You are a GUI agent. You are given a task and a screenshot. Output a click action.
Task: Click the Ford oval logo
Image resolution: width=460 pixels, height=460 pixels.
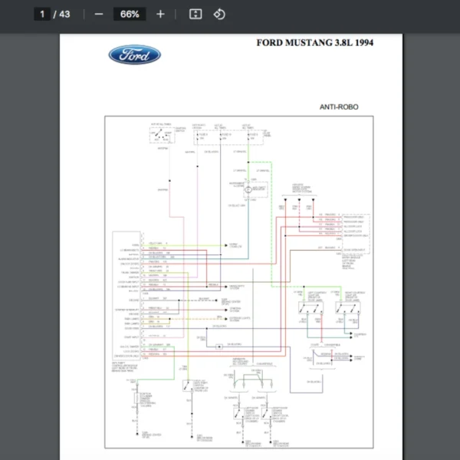[x=134, y=54]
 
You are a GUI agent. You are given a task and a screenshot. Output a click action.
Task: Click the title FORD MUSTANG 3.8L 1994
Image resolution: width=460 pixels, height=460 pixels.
[x=315, y=43]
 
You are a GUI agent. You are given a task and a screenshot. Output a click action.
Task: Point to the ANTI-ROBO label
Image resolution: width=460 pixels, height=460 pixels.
[x=339, y=107]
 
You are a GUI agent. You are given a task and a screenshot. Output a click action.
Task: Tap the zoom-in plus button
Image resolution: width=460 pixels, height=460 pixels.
[x=160, y=14]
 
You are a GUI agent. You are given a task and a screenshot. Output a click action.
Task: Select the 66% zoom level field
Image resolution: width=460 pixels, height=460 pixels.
[x=130, y=14]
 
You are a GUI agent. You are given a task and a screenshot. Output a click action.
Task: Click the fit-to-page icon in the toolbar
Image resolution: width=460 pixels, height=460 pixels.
[x=195, y=14]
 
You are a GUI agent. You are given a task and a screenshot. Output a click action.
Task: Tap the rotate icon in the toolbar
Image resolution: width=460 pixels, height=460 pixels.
[x=219, y=14]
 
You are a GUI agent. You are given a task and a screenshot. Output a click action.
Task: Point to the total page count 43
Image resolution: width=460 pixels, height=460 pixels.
[x=64, y=14]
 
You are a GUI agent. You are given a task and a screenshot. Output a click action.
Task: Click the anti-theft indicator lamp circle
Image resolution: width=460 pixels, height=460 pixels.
[x=259, y=187]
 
